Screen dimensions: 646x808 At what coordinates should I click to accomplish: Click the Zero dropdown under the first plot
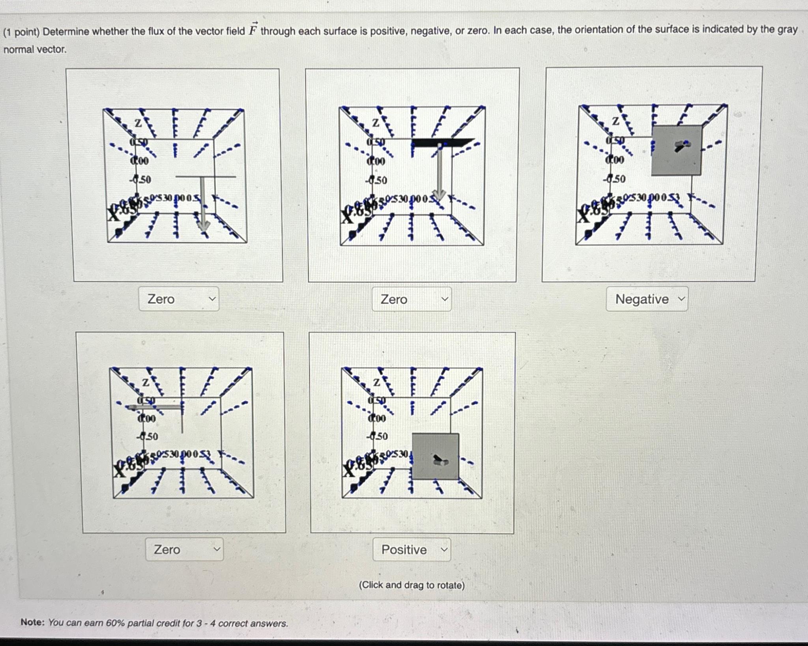point(179,299)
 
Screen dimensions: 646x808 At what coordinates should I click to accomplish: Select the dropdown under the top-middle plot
point(411,299)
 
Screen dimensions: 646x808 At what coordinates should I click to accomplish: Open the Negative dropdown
point(647,299)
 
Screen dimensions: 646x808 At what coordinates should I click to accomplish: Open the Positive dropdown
point(411,550)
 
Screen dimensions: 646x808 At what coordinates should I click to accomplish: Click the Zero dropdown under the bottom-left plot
point(184,549)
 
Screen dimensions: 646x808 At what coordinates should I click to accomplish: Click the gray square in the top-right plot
point(676,151)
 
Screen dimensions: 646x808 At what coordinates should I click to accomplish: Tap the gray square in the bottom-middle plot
point(435,456)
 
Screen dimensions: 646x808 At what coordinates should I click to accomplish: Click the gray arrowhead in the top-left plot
point(203,225)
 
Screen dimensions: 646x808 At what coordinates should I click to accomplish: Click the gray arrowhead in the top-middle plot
point(439,195)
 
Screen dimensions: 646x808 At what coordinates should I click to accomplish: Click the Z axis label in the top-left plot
point(138,123)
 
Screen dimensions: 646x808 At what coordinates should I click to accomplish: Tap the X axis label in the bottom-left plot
point(119,470)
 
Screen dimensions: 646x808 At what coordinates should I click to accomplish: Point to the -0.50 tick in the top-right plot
point(614,179)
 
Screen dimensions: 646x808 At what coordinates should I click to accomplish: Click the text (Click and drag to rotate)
point(411,585)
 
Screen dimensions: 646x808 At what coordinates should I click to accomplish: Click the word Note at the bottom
point(32,622)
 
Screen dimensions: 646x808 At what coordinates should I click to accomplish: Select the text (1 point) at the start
point(21,32)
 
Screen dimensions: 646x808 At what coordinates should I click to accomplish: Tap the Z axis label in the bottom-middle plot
point(376,382)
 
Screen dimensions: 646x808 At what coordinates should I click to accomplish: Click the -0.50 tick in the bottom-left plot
point(147,436)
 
